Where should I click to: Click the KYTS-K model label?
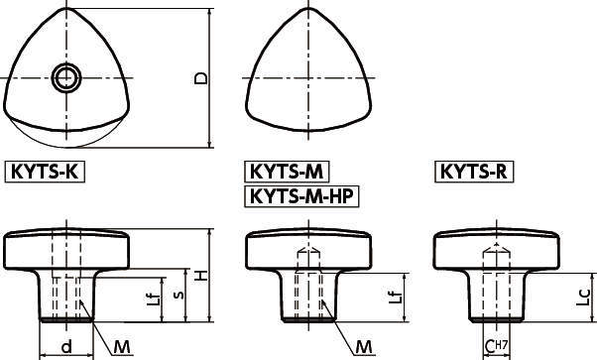pos(46,172)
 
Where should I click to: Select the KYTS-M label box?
pos(287,172)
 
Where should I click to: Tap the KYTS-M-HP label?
pos(300,195)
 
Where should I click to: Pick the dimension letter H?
pos(202,276)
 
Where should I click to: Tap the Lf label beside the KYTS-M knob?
pos(395,298)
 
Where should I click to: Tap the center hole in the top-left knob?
pos(67,76)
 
